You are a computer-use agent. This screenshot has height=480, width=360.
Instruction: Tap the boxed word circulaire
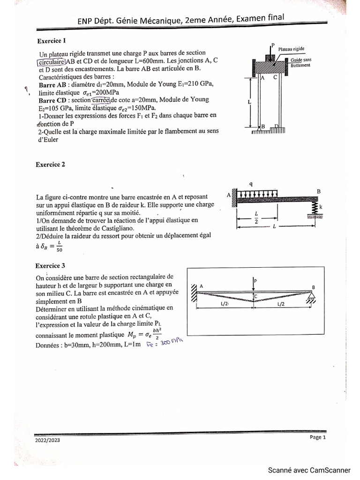[x=52, y=61]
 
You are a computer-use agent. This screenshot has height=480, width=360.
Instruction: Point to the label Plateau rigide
[x=292, y=48]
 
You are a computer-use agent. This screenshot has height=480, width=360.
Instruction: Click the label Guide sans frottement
[x=300, y=63]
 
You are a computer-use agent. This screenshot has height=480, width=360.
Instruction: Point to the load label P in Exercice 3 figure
[x=256, y=280]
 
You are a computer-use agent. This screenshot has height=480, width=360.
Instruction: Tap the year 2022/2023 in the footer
[x=47, y=440]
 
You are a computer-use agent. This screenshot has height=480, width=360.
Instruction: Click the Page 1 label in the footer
[x=317, y=437]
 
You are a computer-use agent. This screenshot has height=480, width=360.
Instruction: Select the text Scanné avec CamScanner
[x=309, y=470]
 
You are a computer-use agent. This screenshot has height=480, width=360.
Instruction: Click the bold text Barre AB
[x=52, y=84]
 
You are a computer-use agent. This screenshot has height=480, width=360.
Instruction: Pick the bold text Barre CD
[x=52, y=100]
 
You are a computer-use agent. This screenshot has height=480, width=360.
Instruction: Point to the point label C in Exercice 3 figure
[x=255, y=296]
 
